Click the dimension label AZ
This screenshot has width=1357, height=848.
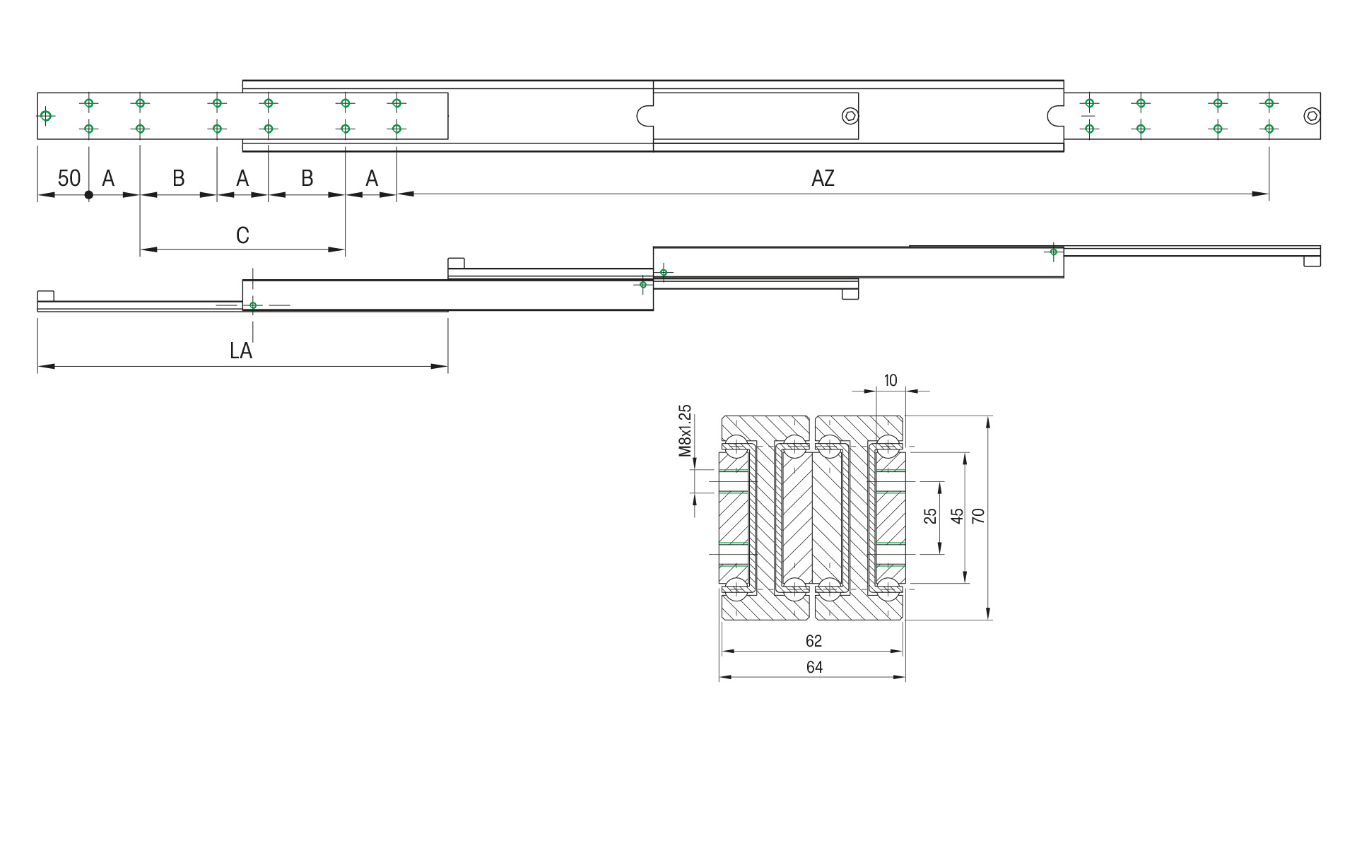click(x=823, y=178)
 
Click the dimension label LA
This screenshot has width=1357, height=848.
click(x=241, y=351)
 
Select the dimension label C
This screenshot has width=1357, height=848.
click(x=242, y=235)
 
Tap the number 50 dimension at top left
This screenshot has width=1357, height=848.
click(x=69, y=178)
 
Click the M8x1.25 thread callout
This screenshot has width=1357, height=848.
click(x=684, y=431)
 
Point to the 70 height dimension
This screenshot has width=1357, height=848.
click(x=978, y=516)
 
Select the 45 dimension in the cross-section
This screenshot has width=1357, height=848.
click(x=957, y=516)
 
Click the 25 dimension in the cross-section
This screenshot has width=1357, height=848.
click(x=931, y=516)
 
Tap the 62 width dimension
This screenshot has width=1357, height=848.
click(x=813, y=641)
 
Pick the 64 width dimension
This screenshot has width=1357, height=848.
click(x=813, y=667)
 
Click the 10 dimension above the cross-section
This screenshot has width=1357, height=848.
click(x=891, y=380)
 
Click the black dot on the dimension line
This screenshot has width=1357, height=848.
click(x=88, y=195)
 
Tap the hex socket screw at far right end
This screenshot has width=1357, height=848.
click(x=1312, y=116)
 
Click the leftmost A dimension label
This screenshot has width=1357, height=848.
click(x=108, y=178)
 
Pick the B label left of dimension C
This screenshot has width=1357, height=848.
click(x=179, y=178)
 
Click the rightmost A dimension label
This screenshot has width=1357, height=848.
click(x=372, y=178)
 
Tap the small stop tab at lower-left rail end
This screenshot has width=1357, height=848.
click(x=46, y=295)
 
